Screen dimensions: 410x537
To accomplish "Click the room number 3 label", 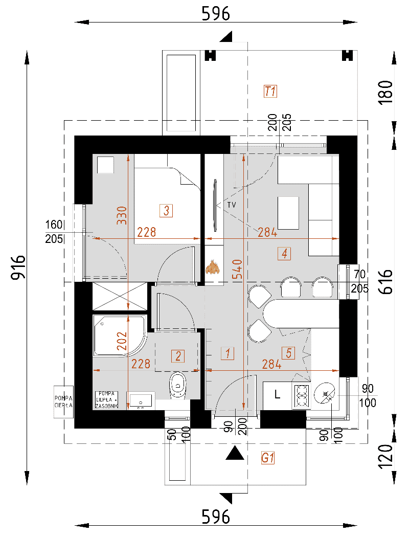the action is tap(166, 210).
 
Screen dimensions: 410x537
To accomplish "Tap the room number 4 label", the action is tap(284, 254).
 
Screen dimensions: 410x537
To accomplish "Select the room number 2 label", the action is tap(178, 356).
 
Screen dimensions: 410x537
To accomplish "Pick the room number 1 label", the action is tap(227, 353).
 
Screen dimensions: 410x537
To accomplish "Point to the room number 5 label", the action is tap(288, 353).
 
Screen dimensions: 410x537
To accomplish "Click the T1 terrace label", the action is tap(270, 92).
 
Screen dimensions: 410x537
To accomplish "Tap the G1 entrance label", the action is tap(268, 458).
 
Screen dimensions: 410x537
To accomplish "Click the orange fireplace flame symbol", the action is tap(213, 267).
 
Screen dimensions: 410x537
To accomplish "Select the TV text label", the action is tap(232, 205).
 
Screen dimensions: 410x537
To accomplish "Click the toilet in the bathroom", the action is tap(178, 385).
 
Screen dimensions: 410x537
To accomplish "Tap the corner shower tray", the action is tap(120, 335).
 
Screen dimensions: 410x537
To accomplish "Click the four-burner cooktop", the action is tap(302, 395).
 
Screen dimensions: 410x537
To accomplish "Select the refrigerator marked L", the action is tap(277, 395).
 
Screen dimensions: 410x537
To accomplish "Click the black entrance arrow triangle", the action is tap(235, 453).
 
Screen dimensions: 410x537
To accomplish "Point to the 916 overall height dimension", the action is tap(18, 267).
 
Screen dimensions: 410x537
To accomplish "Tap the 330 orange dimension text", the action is tap(122, 215).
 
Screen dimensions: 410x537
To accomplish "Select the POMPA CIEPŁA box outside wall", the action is tap(64, 401).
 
